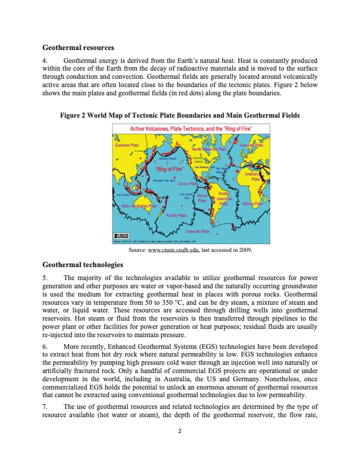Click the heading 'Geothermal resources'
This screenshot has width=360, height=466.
pos(78,47)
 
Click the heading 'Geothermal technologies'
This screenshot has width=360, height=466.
pos(83,265)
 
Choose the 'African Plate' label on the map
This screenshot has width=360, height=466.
pos(256,204)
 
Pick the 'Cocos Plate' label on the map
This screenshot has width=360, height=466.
pos(186,184)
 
